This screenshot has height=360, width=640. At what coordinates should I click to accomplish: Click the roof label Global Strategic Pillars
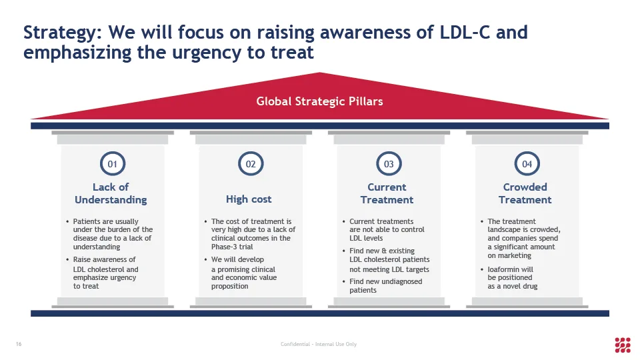[x=319, y=101]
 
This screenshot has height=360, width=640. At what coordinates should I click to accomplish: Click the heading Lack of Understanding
[x=111, y=193]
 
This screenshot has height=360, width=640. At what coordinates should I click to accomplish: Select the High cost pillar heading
[x=249, y=199]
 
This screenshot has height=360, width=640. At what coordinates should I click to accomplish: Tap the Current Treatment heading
[x=387, y=193]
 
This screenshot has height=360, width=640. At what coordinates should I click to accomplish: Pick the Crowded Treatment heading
[x=525, y=193]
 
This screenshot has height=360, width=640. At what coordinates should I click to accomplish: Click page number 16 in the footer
[x=19, y=344]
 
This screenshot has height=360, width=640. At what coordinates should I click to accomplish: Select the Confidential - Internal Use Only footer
[x=319, y=344]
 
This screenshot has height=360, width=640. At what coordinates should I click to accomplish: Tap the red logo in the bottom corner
[x=623, y=345]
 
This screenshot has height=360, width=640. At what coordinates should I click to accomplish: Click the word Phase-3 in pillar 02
[x=225, y=247]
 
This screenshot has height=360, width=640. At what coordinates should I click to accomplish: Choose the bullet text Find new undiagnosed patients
[x=386, y=286]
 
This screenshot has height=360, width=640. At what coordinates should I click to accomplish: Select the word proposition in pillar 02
[x=230, y=286]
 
